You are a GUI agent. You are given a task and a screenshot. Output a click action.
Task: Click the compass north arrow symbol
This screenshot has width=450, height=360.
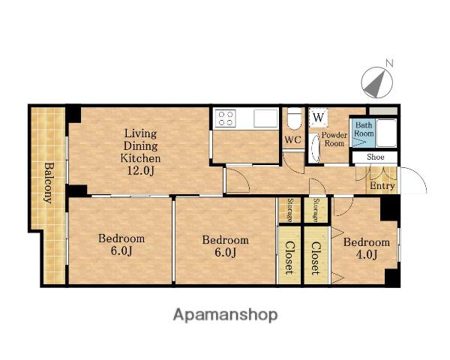pyautogui.click(x=376, y=82)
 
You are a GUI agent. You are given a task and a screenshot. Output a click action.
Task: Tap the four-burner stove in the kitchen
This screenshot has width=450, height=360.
pyautogui.click(x=226, y=118)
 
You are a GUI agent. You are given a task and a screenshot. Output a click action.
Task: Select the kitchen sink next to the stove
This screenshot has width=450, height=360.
pyautogui.click(x=265, y=118)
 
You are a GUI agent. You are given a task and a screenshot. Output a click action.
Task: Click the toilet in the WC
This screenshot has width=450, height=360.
pyautogui.click(x=294, y=119)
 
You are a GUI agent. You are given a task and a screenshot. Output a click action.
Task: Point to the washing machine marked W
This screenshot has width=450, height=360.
pyautogui.click(x=318, y=118)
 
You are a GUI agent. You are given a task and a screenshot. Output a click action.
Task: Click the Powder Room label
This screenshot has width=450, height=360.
pyautogui.click(x=334, y=139)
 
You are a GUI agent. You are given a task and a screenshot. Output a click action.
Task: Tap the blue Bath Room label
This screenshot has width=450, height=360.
pyautogui.click(x=364, y=129)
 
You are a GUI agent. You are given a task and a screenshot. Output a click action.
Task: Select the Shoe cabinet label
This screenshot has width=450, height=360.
pyautogui.click(x=376, y=157)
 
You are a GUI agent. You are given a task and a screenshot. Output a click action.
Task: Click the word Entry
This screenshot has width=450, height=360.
pyautogui.click(x=382, y=186)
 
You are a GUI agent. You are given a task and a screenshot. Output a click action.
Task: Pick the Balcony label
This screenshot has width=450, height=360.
pyautogui.click(x=49, y=183)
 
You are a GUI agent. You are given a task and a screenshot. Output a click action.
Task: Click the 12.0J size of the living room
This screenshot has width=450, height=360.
pyautogui.click(x=141, y=171)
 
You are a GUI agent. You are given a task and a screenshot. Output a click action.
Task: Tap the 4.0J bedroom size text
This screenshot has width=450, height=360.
pyautogui.click(x=367, y=254)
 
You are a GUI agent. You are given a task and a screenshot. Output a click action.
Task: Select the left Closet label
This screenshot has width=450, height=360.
pyautogui.click(x=289, y=257)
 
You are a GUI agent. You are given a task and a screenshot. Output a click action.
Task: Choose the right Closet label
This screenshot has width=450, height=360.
pyautogui.click(x=316, y=258)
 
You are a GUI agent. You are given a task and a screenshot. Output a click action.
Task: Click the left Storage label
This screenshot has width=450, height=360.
pyautogui.click(x=290, y=210)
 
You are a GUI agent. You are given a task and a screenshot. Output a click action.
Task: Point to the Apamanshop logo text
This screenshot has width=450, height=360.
pyautogui.click(x=225, y=315)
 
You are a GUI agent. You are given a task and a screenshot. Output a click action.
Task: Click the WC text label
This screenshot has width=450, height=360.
pyautogui.click(x=293, y=139)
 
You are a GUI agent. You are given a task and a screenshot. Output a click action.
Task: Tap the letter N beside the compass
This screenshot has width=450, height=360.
pyautogui.click(x=388, y=63)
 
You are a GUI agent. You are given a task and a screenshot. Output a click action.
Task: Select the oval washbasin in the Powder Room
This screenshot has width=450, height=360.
pyautogui.click(x=315, y=148)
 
